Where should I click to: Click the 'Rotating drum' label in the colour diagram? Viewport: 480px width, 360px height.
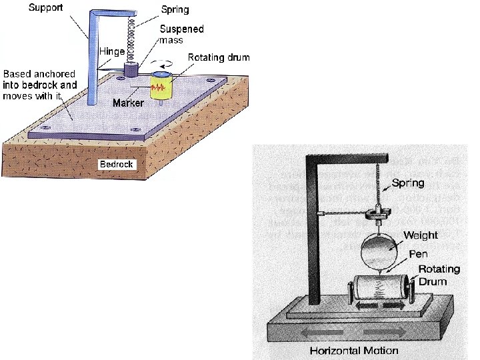(x=218, y=57)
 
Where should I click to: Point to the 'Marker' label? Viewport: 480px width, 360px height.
(x=128, y=103)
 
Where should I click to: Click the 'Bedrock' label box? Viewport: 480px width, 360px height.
(x=117, y=164)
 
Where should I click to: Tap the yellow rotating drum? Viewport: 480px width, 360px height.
(x=160, y=87)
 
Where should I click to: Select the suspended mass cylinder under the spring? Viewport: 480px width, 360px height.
(x=131, y=69)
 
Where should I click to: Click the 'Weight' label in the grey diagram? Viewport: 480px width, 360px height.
(x=421, y=235)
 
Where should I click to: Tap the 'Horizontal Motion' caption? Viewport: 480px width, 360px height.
(x=363, y=351)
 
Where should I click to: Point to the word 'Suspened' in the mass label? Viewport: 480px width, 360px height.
(x=181, y=29)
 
